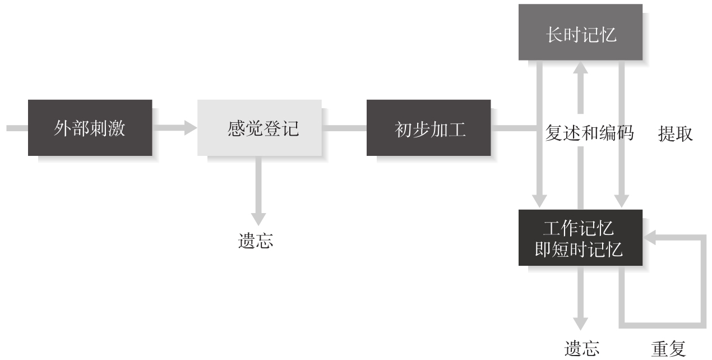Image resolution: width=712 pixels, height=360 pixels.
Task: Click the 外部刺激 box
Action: tap(90, 128)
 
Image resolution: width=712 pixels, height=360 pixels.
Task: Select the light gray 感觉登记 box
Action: tap(259, 128)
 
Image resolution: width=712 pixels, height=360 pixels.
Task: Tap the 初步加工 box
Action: tap(428, 128)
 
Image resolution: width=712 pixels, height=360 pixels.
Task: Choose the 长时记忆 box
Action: tap(580, 32)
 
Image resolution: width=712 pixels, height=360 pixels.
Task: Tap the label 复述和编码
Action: tap(589, 133)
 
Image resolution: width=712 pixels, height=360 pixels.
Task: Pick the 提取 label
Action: tap(676, 133)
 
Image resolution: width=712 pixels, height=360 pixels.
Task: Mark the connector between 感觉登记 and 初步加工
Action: tap(344, 128)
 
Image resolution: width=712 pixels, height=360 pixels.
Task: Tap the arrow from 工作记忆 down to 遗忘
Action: tap(581, 297)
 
